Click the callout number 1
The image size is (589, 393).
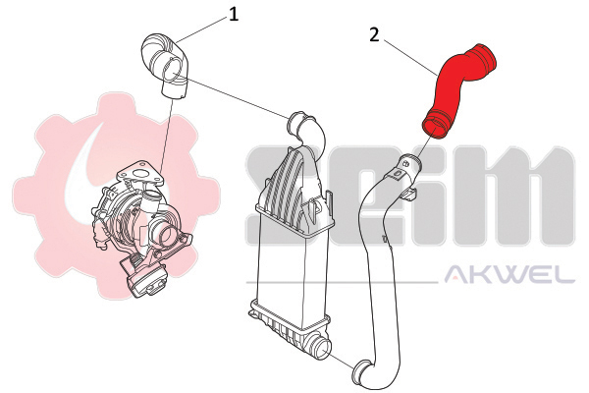pyautogui.click(x=234, y=15)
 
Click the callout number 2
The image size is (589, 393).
pyautogui.click(x=375, y=35)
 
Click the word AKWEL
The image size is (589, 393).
pyautogui.click(x=509, y=274)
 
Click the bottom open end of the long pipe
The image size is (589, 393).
pyautogui.click(x=364, y=373)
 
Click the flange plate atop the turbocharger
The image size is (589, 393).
pyautogui.click(x=140, y=174)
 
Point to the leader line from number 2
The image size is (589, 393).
pyautogui.click(x=410, y=57)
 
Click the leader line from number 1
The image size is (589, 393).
pyautogui.click(x=201, y=28)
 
